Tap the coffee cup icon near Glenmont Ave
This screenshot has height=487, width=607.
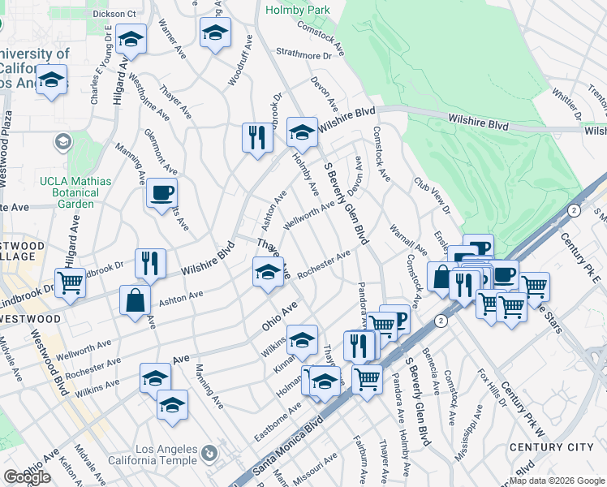[x=161, y=193]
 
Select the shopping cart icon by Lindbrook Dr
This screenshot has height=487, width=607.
[x=70, y=283]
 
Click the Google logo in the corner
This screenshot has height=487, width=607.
[x=27, y=477]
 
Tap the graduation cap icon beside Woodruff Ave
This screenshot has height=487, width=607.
[x=214, y=33]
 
